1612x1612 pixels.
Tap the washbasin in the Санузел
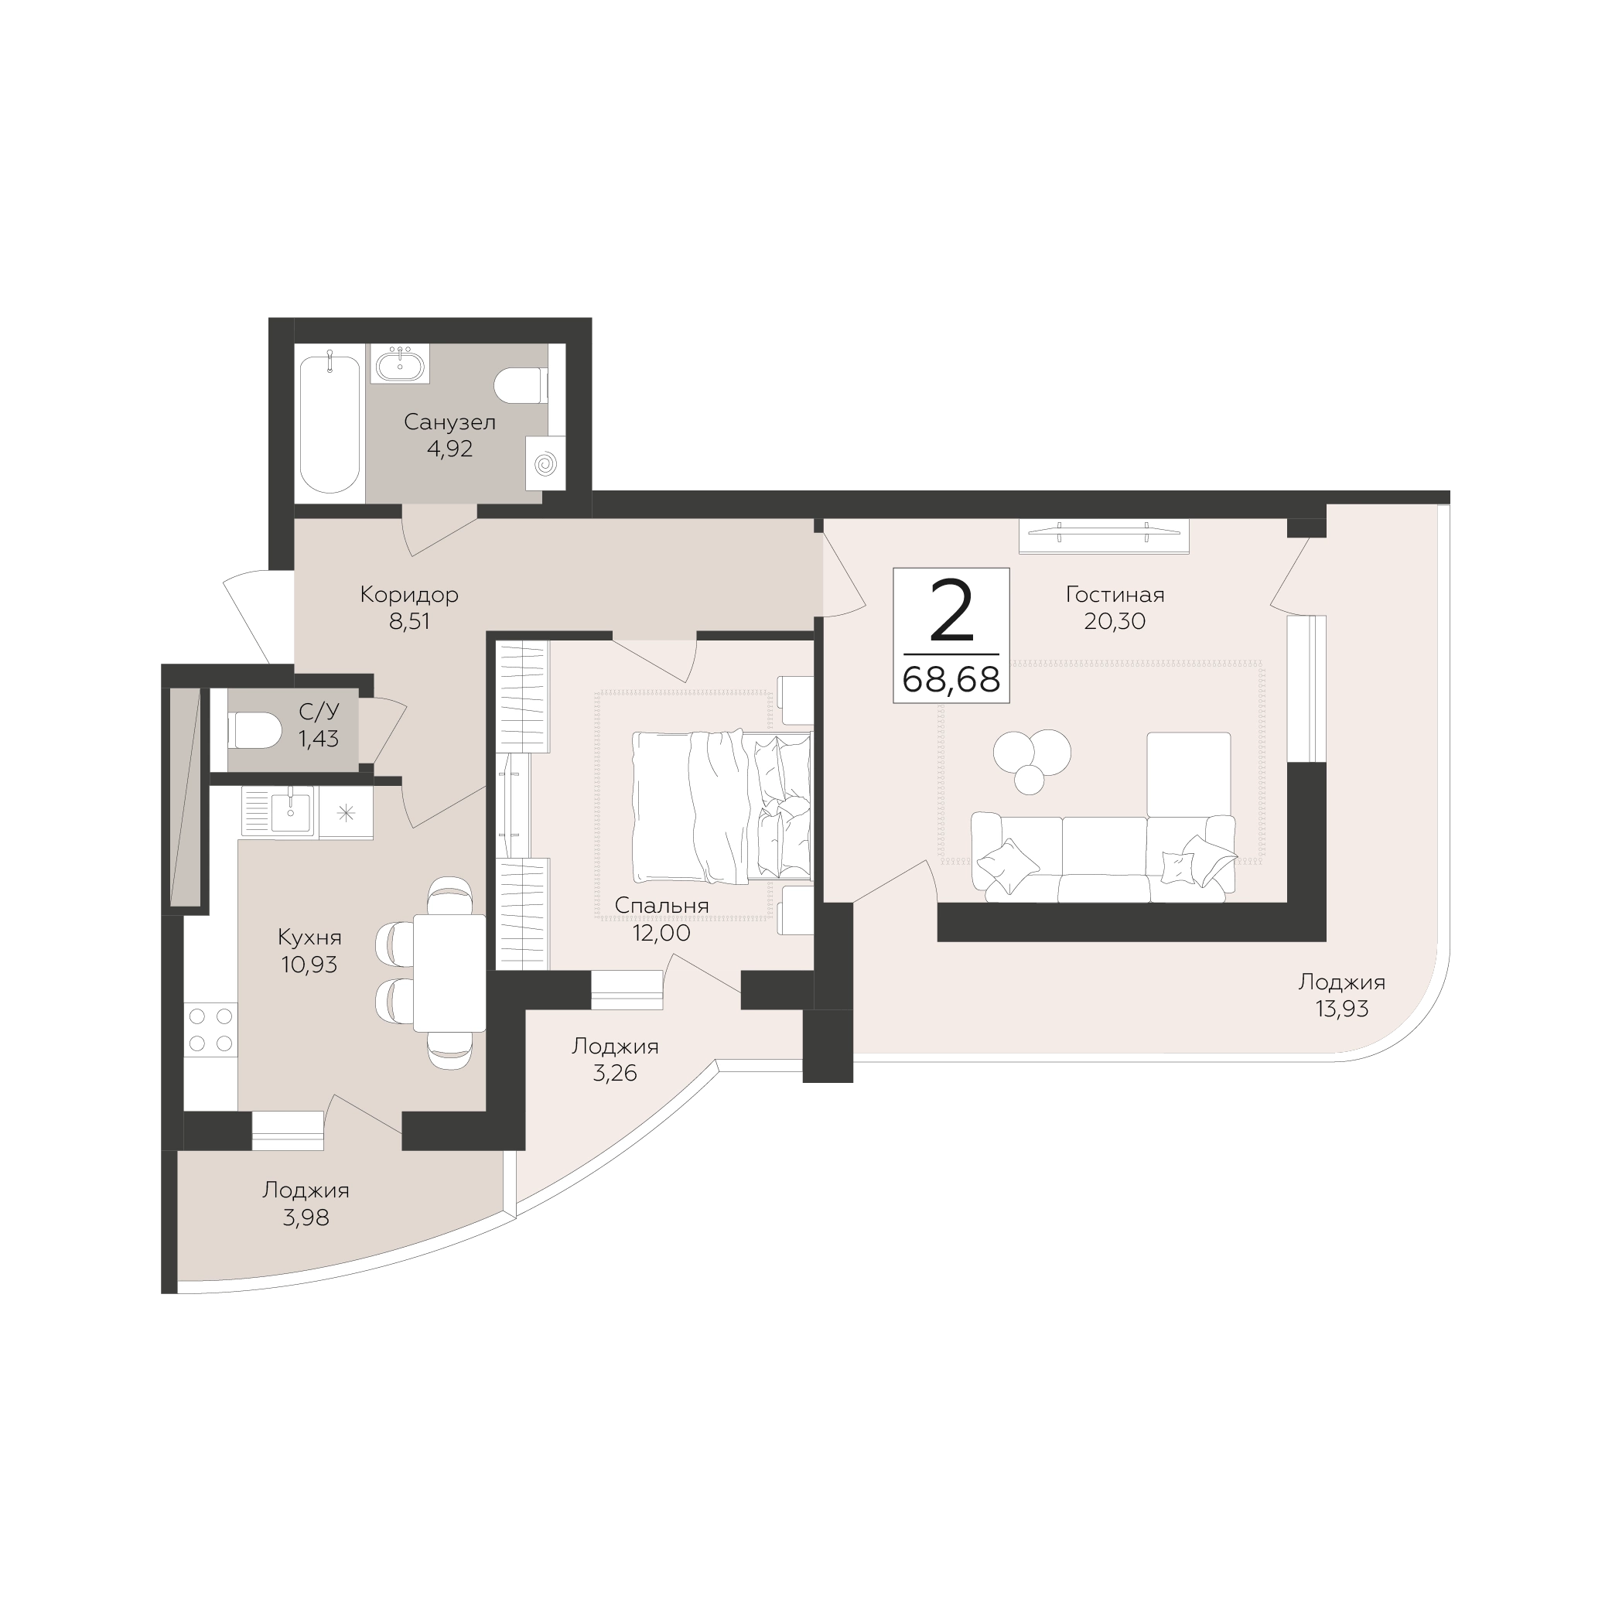click(x=401, y=364)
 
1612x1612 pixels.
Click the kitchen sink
click(x=278, y=811)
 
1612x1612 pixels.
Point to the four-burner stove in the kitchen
click(x=210, y=1030)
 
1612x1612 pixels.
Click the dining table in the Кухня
click(x=449, y=972)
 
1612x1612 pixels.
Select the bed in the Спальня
click(x=722, y=806)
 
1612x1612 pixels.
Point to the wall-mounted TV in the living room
click(x=1104, y=536)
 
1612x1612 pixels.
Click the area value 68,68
click(x=951, y=680)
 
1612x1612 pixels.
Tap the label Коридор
click(x=409, y=595)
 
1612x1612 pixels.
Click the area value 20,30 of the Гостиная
click(x=1115, y=621)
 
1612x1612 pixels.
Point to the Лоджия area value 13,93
click(x=1342, y=1009)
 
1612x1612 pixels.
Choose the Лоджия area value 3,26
click(x=615, y=1073)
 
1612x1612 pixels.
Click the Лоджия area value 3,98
click(x=306, y=1218)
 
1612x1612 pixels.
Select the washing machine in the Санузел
click(x=545, y=463)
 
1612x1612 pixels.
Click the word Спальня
click(x=661, y=905)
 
